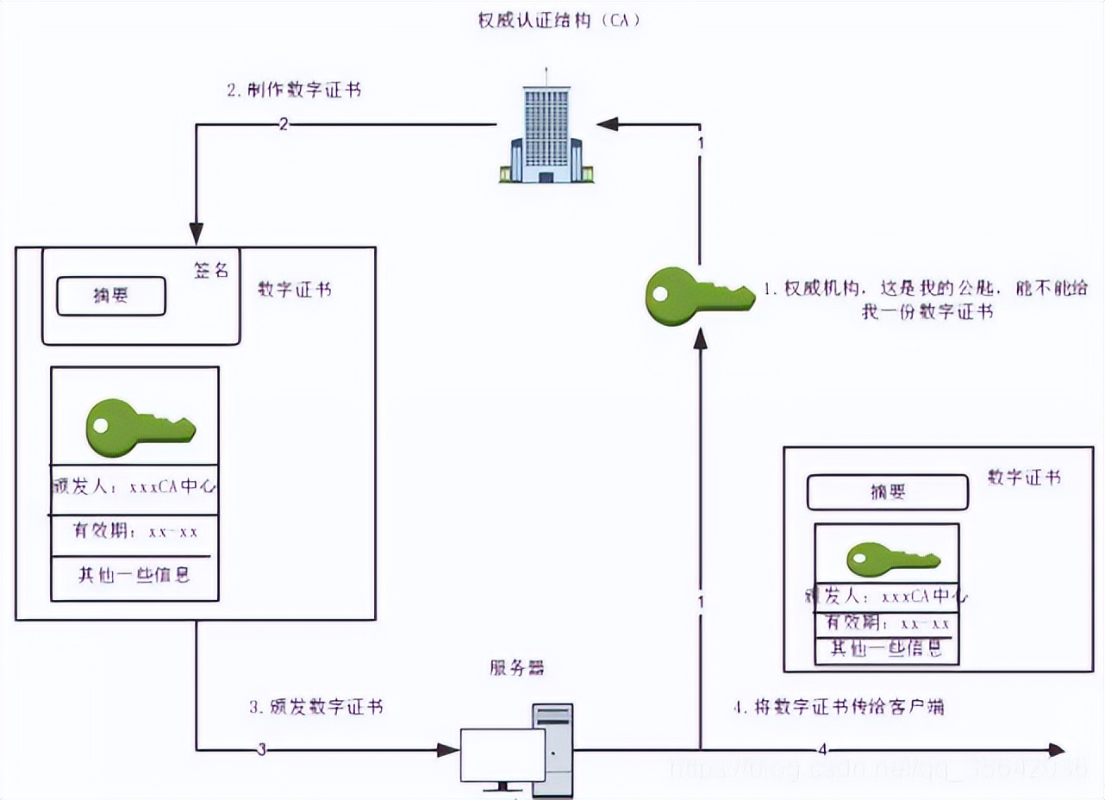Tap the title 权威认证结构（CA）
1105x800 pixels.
tap(559, 21)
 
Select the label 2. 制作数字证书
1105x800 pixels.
tap(294, 91)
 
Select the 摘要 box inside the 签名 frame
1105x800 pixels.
tap(110, 296)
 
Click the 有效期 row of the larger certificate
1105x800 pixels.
tap(134, 531)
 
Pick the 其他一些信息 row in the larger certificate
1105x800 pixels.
tap(134, 575)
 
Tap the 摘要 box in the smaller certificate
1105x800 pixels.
tap(887, 492)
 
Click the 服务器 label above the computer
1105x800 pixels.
tap(517, 668)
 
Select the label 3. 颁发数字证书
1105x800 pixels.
tap(315, 707)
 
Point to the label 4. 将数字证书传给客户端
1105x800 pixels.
tap(838, 707)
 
